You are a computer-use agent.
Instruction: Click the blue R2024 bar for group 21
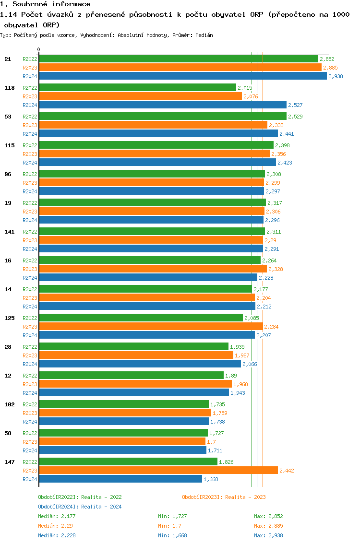pyautogui.click(x=182, y=76)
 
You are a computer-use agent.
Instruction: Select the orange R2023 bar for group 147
pyautogui.click(x=158, y=471)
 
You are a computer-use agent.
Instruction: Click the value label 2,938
pyautogui.click(x=336, y=76)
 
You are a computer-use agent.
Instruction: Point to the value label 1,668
pyautogui.click(x=211, y=479)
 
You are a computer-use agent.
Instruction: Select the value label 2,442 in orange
pyautogui.click(x=287, y=471)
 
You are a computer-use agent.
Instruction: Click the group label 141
pyautogui.click(x=10, y=232)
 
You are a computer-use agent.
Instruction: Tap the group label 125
pyautogui.click(x=10, y=318)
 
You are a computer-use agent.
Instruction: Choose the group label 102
pyautogui.click(x=10, y=404)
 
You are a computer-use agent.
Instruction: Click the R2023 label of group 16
pyautogui.click(x=30, y=269)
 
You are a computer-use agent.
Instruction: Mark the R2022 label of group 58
pyautogui.click(x=30, y=433)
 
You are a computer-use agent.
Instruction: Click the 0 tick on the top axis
pyautogui.click(x=39, y=49)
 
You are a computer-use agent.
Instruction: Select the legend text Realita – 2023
pyautogui.click(x=245, y=497)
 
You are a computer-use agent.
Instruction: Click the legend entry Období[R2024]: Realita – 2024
pyautogui.click(x=80, y=507)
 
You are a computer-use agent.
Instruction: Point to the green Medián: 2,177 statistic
pyautogui.click(x=57, y=516)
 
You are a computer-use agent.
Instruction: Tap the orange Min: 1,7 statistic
pyautogui.click(x=170, y=526)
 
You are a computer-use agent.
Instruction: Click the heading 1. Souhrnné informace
pyautogui.click(x=45, y=4)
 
